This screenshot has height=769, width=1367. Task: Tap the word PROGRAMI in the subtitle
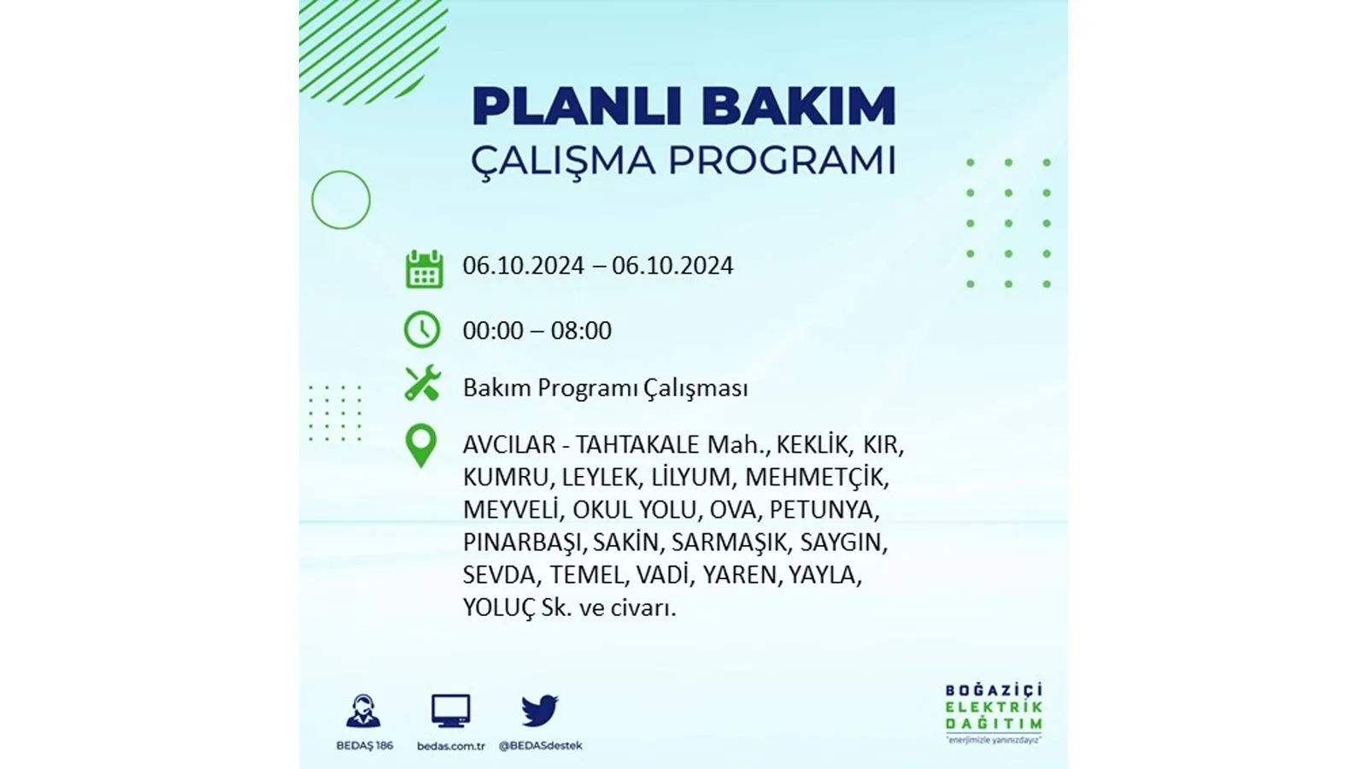[783, 161]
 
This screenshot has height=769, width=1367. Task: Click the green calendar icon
[424, 268]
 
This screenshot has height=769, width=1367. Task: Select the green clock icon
[422, 330]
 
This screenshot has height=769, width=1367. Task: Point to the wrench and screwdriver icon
[422, 383]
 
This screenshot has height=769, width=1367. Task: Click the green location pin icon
[421, 446]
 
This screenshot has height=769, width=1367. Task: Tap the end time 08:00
[581, 330]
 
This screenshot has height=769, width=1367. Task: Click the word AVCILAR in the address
[509, 444]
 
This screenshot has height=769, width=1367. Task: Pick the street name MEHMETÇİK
[817, 477]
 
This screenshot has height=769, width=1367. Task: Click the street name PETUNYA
[824, 509]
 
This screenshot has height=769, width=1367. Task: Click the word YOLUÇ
[499, 608]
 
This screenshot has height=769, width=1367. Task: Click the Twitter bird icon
[539, 710]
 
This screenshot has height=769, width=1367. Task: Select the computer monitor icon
[451, 710]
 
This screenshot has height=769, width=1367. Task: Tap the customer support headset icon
[364, 711]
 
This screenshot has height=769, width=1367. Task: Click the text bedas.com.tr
[451, 746]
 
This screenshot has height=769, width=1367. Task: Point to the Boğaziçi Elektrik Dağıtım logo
[994, 713]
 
